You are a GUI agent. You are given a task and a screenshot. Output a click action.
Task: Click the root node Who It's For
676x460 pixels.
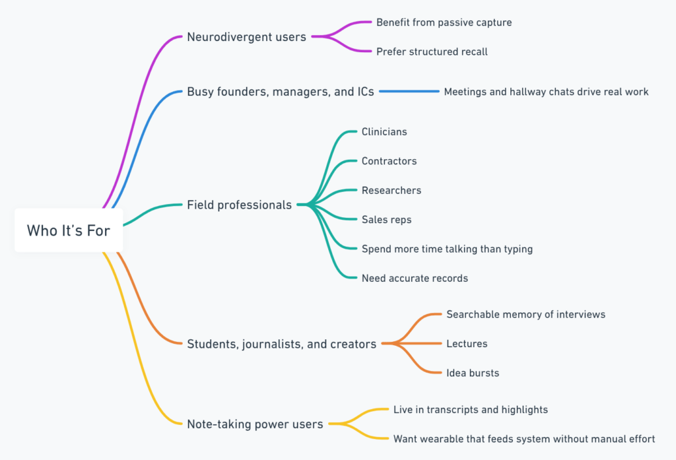coord(68,230)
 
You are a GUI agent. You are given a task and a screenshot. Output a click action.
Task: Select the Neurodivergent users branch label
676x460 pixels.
coord(246,37)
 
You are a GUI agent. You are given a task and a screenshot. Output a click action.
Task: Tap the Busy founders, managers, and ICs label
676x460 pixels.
coord(280,92)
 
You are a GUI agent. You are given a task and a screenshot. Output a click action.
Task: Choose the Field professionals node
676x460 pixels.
coord(239,205)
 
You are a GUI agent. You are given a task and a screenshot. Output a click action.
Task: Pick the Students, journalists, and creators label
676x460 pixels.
coord(281,343)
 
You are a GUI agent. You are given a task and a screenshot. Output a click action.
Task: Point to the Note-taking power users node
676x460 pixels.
coord(255,424)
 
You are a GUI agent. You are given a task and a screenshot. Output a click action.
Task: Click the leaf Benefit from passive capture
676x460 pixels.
coord(444,22)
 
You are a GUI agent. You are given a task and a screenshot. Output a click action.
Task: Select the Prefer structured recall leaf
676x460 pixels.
coord(432,51)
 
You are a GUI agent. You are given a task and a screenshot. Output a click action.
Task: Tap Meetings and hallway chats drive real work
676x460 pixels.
coord(546,92)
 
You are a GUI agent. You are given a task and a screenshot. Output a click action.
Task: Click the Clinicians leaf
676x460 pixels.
coord(384,131)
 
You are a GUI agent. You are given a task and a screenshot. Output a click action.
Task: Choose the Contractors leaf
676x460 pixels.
coord(389,161)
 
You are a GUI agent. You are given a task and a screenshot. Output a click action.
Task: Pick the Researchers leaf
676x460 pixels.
coord(391,190)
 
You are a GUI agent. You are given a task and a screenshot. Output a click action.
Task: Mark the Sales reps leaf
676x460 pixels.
coord(386,219)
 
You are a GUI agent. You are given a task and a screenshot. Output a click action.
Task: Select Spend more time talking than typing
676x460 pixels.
coord(447,249)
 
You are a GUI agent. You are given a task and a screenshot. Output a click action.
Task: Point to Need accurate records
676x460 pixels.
coord(415,278)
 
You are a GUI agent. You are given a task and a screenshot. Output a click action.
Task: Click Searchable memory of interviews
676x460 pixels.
coord(525,314)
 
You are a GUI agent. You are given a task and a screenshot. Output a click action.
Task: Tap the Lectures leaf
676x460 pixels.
coord(467,343)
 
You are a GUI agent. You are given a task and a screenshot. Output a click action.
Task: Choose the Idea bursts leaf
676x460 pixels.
coord(473,373)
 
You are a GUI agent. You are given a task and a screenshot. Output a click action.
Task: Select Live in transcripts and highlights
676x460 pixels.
coord(470,409)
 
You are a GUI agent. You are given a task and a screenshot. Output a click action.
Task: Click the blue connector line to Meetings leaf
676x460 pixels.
coord(409,92)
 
